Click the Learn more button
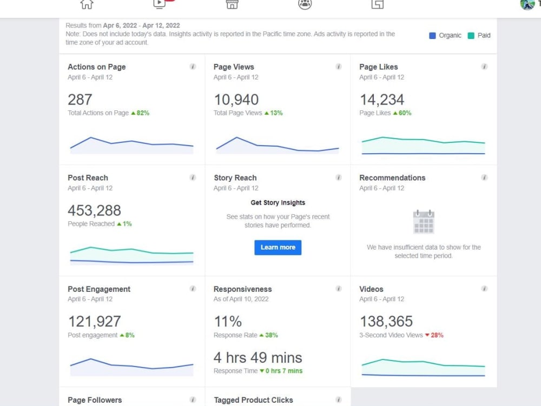278,247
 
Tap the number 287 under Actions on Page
80,100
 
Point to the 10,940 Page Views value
236,100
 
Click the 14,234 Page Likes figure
381,100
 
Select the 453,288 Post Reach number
94,211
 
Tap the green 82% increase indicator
140,113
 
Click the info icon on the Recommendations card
484,178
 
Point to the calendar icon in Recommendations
424,221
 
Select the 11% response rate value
228,322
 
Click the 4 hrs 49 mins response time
258,358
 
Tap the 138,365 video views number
386,322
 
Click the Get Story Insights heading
278,202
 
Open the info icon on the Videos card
484,289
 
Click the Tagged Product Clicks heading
253,400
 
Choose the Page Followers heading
95,400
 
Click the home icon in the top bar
87,5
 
